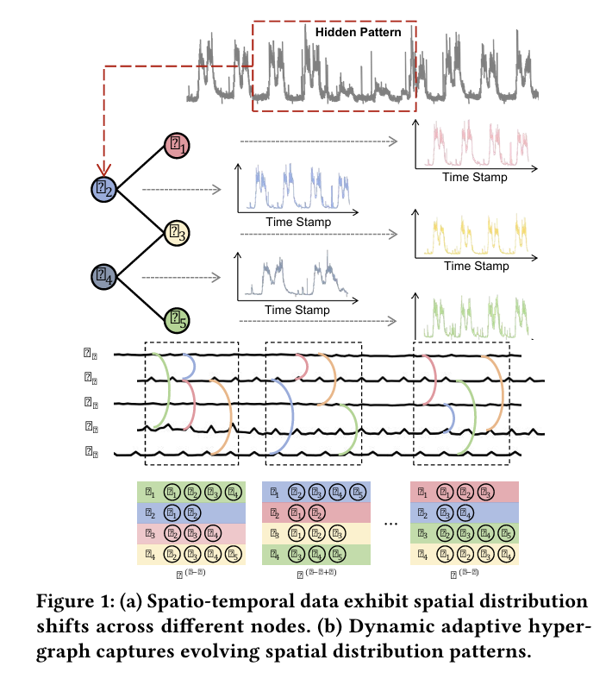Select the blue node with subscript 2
[107, 188]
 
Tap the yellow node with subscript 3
[178, 231]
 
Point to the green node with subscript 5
[178, 320]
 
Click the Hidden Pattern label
[358, 33]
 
